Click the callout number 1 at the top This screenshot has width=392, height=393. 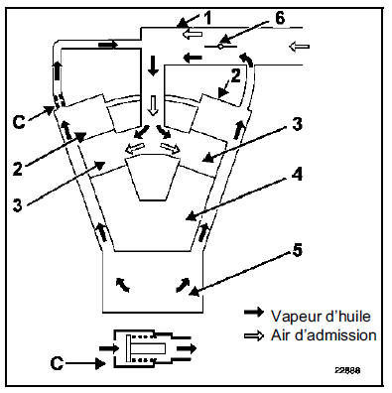point(207,18)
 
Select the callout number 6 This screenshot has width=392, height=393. point(280,18)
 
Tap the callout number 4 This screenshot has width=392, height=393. point(298,174)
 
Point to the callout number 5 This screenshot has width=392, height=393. point(298,250)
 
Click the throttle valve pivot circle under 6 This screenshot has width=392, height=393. point(220,47)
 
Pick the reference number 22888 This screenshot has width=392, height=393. point(347,370)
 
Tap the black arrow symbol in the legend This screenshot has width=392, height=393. point(254,312)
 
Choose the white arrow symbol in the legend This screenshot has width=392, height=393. point(254,335)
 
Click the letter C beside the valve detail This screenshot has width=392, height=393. point(57,363)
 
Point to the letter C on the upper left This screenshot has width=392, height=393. point(19,121)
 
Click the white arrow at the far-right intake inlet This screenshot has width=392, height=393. point(299,47)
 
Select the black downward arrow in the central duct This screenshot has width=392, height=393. point(153,65)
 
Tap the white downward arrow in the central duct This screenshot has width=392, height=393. point(153,105)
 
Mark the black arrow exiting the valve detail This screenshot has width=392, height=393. point(187,348)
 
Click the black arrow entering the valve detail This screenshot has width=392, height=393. point(109,348)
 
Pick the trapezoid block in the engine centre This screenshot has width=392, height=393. point(152,178)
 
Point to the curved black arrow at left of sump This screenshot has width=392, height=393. point(122,285)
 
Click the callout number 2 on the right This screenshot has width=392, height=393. point(235,76)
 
